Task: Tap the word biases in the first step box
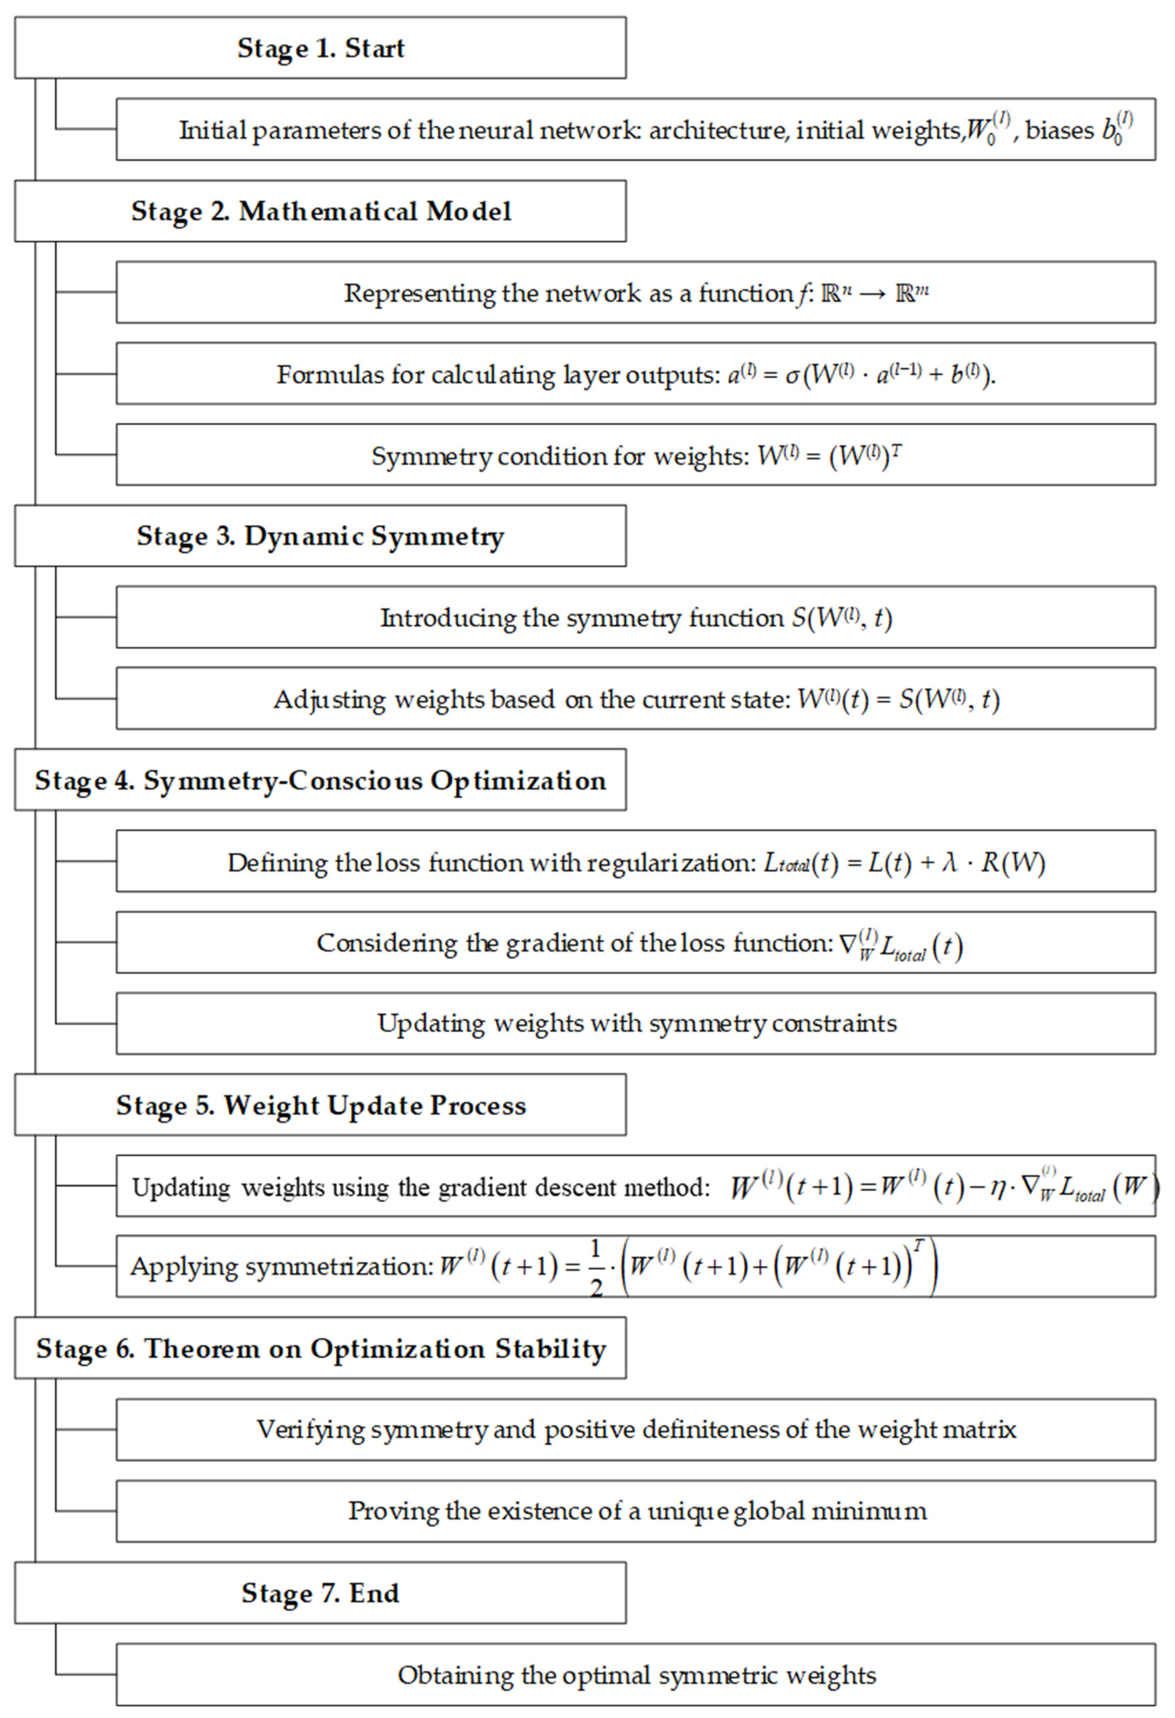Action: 1059,130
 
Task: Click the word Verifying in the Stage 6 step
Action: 310,1430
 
